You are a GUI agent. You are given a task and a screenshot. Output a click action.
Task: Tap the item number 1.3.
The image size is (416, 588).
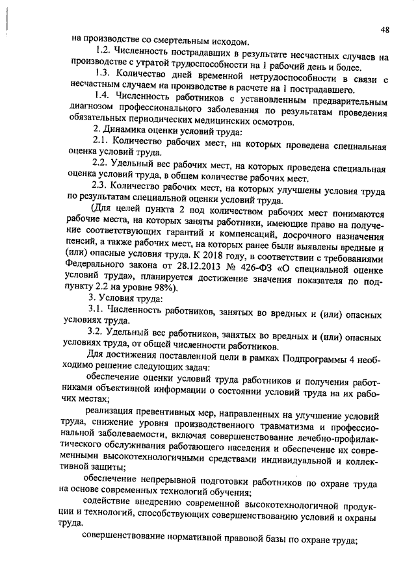103,73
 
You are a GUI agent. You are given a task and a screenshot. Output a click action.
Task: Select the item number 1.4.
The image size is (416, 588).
103,96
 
